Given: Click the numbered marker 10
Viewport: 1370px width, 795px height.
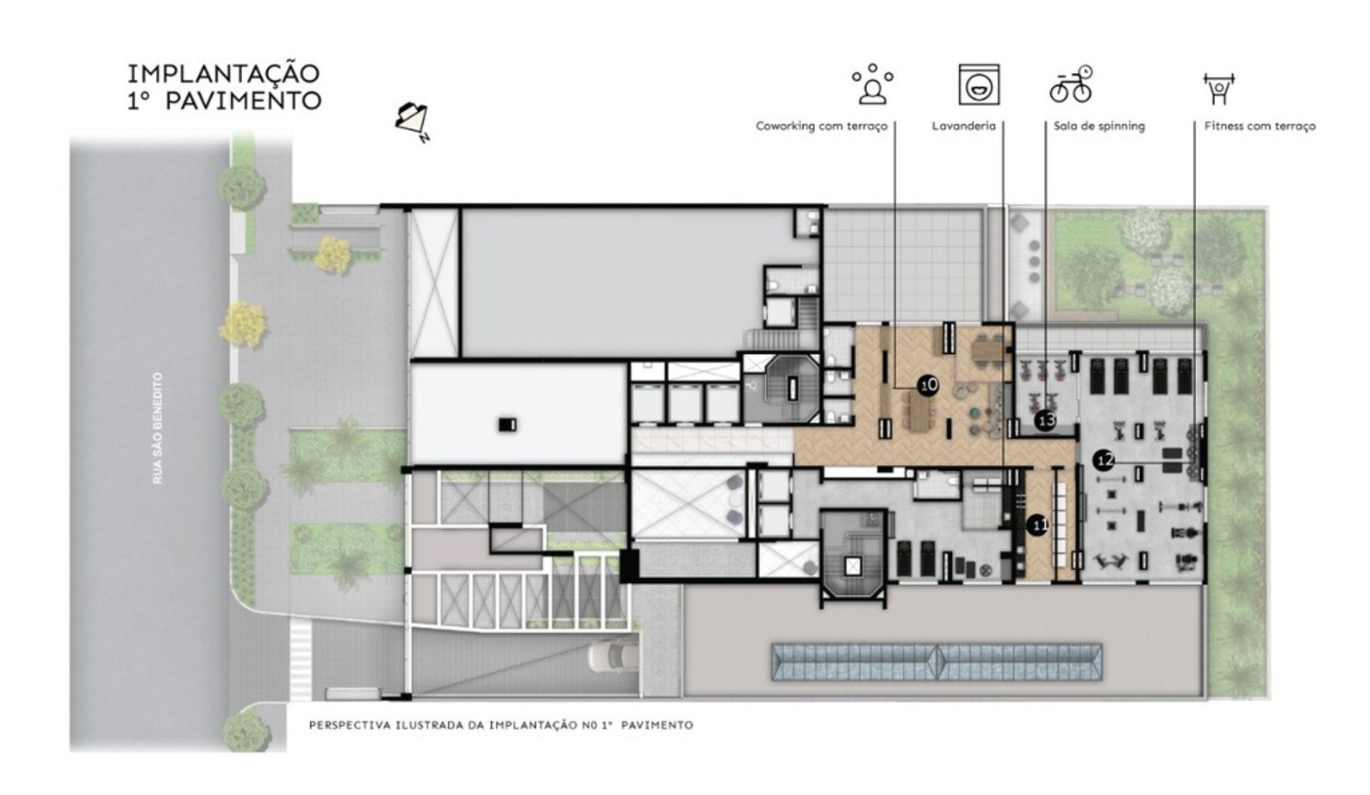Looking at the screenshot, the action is [x=928, y=384].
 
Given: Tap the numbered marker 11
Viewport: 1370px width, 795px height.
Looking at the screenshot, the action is [x=1038, y=526].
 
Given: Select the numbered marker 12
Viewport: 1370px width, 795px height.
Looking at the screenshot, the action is [x=1104, y=460].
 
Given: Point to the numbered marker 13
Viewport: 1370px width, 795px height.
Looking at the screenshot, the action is [x=1046, y=420].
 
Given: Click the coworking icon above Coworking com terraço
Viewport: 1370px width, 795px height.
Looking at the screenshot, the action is [x=873, y=85].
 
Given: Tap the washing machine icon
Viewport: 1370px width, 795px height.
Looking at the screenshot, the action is [x=979, y=85].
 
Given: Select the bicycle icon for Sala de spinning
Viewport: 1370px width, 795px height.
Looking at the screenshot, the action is [x=1071, y=84].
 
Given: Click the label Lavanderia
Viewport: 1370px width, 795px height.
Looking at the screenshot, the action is [x=963, y=126].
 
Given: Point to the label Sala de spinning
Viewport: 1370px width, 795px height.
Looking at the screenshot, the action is [x=1099, y=126].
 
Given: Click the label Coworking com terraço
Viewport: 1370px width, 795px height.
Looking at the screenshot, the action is [x=821, y=126].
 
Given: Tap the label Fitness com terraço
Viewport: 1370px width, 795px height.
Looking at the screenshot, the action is [x=1260, y=126].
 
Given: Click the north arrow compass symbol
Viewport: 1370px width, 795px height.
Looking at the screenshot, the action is [x=414, y=121].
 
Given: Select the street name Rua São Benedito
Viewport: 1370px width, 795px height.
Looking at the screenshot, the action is [x=158, y=428].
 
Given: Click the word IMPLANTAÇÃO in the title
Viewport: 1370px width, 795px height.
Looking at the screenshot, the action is [x=224, y=74].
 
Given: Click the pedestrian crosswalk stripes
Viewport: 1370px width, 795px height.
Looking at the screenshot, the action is [x=300, y=659].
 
